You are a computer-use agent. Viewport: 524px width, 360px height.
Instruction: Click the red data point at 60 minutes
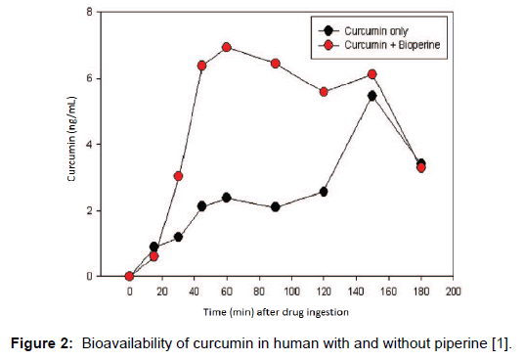[227, 47]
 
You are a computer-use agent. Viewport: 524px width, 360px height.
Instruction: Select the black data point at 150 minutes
[372, 96]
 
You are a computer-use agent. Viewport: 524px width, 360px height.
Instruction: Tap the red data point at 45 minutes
[202, 66]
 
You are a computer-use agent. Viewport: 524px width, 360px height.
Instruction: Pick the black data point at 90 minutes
[276, 207]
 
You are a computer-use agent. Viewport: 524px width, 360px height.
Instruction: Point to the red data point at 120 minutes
[324, 92]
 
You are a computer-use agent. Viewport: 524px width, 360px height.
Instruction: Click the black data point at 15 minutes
[153, 247]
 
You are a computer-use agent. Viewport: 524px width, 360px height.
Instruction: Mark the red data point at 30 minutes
[178, 176]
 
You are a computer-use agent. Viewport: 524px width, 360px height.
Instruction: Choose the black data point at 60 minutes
[227, 198]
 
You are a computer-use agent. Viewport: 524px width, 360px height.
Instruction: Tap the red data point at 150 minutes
[372, 74]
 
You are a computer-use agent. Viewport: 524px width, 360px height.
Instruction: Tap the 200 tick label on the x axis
[454, 292]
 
